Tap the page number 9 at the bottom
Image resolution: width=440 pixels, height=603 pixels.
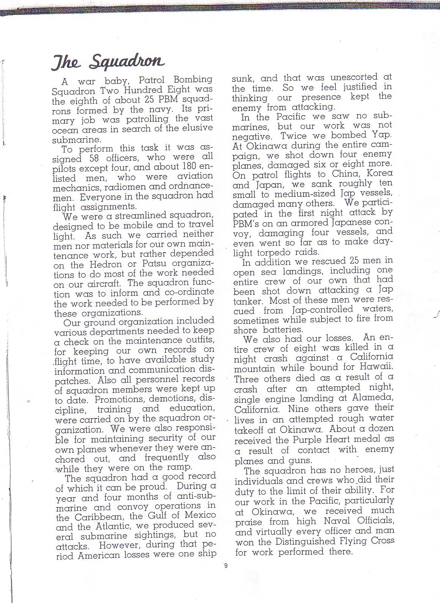pyautogui.click(x=226, y=566)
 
